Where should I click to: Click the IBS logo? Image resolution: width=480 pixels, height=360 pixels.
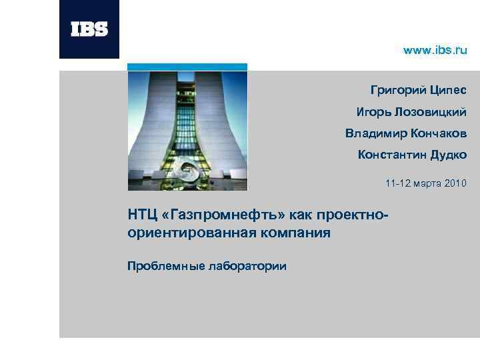tap(89, 29)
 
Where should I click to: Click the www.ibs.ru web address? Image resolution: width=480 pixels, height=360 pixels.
tap(436, 51)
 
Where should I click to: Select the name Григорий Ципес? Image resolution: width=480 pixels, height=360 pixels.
tap(419, 90)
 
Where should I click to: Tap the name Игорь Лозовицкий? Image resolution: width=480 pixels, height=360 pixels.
tap(411, 111)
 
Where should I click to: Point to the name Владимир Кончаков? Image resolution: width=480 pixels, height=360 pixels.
tap(406, 133)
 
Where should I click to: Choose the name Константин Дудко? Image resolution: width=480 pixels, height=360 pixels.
tap(412, 155)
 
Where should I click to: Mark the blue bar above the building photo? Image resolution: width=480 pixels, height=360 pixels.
tap(187, 67)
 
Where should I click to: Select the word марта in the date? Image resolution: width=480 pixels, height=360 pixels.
tap(427, 183)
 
